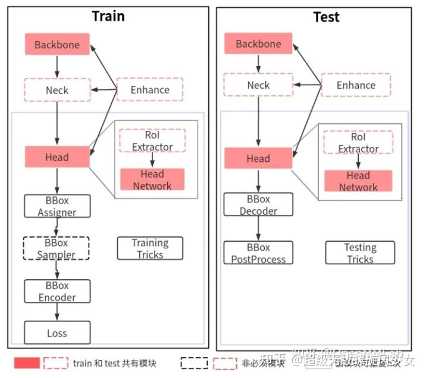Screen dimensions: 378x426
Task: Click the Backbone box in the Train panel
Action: (57, 45)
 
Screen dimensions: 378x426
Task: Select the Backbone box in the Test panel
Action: (258, 44)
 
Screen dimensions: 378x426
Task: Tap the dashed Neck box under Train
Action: (57, 90)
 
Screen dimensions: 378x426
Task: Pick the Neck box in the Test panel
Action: (258, 85)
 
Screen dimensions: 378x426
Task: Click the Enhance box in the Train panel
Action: (150, 89)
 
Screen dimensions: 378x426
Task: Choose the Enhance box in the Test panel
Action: (356, 85)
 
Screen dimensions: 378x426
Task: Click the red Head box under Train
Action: (57, 157)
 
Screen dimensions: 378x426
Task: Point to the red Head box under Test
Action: (258, 158)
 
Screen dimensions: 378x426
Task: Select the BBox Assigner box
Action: (57, 206)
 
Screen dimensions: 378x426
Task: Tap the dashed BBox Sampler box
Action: (57, 248)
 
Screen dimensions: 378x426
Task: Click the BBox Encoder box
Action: (57, 291)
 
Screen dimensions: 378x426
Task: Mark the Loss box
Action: (57, 333)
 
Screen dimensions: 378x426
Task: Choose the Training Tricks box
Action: (150, 248)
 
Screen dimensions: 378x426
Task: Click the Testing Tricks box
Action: (360, 253)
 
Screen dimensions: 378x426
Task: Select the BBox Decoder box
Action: (258, 205)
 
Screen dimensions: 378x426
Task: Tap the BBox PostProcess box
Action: (258, 253)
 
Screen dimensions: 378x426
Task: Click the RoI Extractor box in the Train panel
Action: (152, 141)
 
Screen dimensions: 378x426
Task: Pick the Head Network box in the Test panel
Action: (358, 181)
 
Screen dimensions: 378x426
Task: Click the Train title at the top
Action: (108, 16)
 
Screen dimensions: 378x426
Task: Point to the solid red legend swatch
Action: (27, 363)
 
